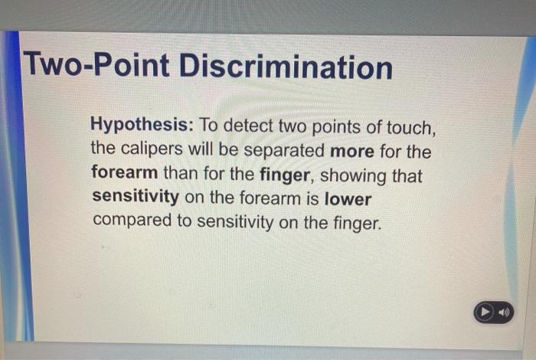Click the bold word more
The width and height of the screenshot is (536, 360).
click(351, 150)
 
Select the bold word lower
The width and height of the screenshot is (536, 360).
click(348, 199)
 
